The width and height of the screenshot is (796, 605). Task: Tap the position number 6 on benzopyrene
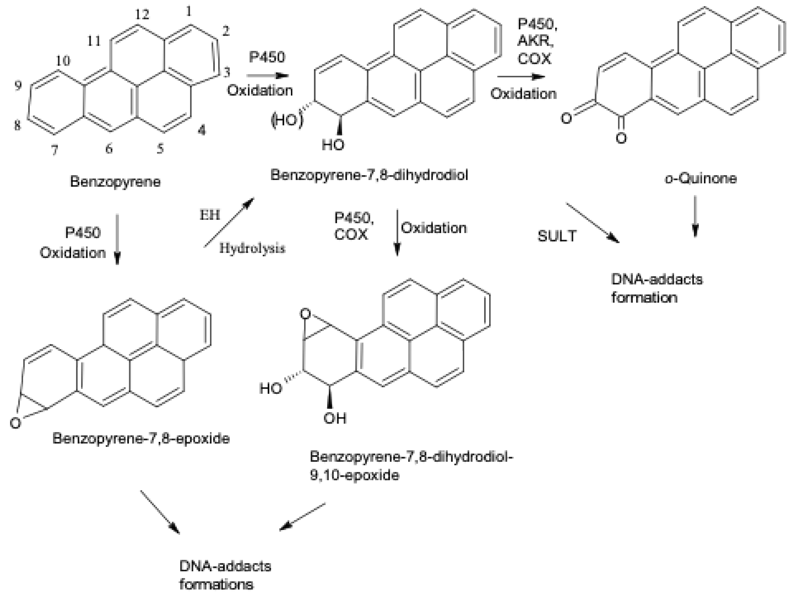click(109, 148)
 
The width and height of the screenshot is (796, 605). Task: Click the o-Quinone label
click(701, 179)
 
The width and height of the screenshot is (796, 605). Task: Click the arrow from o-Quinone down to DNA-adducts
click(695, 216)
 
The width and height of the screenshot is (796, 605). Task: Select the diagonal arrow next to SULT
click(592, 223)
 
